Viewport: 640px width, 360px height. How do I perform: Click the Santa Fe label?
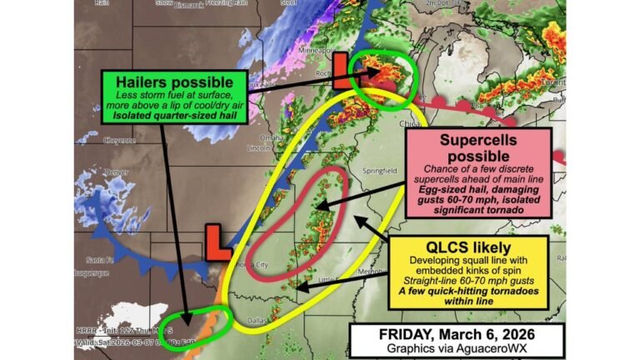coord(102,260)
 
